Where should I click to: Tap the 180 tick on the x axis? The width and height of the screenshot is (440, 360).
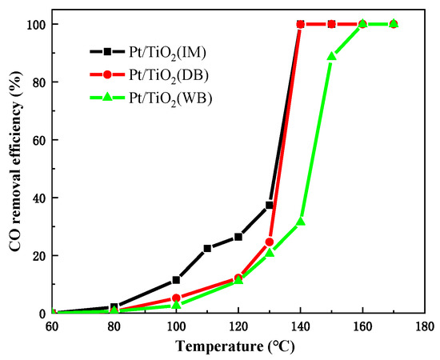(424, 326)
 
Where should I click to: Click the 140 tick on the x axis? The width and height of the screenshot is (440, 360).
(300, 326)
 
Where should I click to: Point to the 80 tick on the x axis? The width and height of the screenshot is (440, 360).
(114, 326)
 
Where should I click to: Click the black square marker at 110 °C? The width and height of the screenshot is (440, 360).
(207, 249)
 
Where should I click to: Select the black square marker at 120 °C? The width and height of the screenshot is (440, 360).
(238, 237)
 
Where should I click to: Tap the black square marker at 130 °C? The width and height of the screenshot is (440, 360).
(270, 206)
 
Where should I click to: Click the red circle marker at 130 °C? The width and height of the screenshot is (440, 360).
(270, 242)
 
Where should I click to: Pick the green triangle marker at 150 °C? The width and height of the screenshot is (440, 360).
(331, 56)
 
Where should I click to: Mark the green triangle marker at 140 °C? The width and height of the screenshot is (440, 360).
(301, 221)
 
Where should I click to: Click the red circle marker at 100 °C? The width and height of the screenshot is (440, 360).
(176, 298)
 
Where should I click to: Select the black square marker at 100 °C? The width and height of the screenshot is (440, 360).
(176, 280)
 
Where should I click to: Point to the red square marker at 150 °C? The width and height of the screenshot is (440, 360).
(331, 24)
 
